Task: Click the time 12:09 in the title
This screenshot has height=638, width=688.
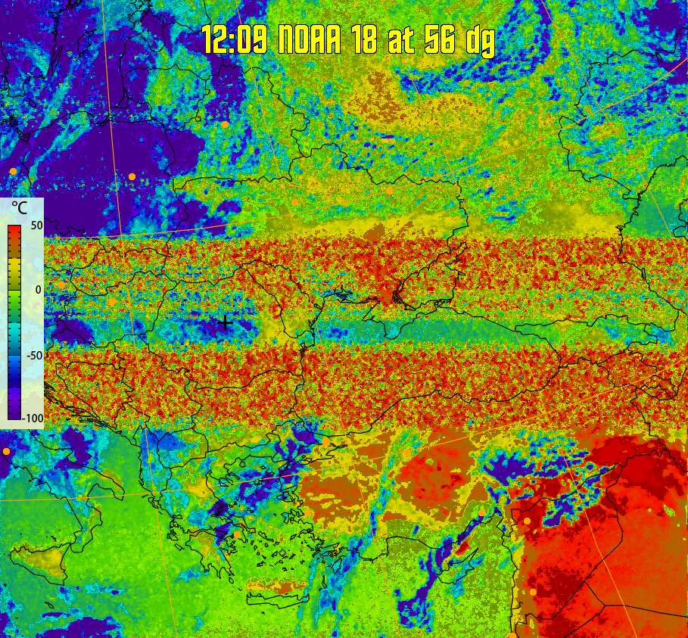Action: tap(234, 40)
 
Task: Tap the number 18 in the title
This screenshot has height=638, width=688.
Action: tap(365, 40)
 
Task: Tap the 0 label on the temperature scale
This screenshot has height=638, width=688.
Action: tap(38, 290)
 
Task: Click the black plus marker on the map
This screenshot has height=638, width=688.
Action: tap(225, 323)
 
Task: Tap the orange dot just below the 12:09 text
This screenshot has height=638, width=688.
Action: tap(225, 124)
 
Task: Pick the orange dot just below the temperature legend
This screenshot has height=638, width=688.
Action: tap(7, 452)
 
